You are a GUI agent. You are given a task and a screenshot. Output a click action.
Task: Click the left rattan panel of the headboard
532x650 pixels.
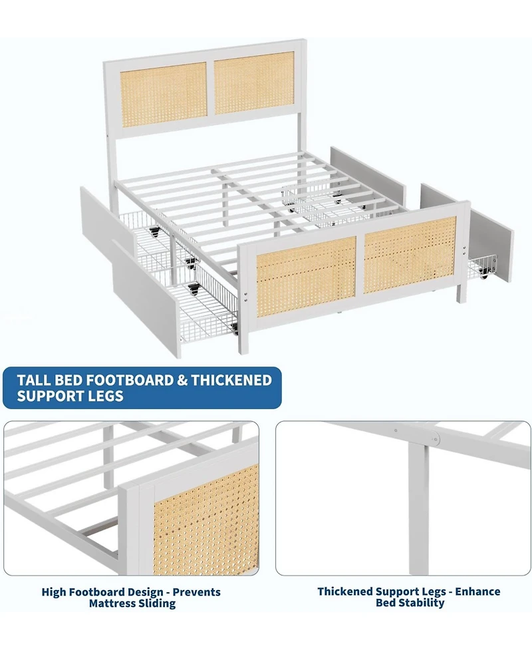tap(164, 96)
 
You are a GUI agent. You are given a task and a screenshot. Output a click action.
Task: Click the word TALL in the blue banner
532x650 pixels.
tap(36, 380)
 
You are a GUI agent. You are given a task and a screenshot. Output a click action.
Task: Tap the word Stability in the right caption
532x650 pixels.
tap(419, 603)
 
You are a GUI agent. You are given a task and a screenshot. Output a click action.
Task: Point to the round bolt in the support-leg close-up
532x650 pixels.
tap(435, 438)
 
